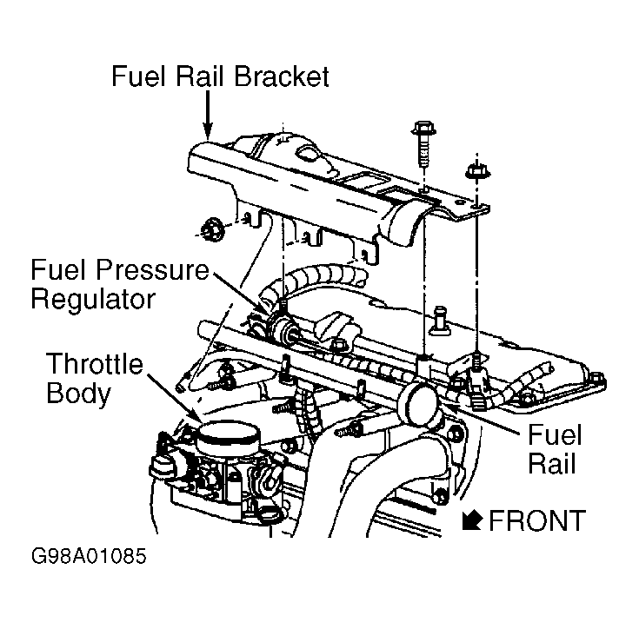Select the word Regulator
pyautogui.click(x=93, y=299)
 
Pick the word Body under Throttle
pyautogui.click(x=78, y=393)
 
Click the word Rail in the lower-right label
pyautogui.click(x=551, y=462)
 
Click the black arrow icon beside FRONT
pyautogui.click(x=473, y=520)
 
